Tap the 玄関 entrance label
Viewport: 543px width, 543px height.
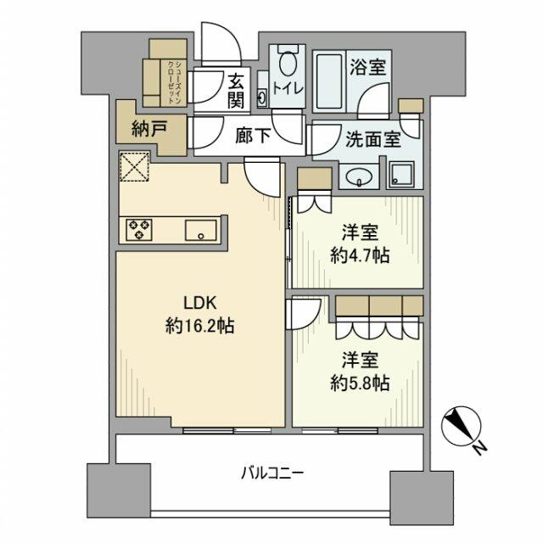click(x=236, y=92)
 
